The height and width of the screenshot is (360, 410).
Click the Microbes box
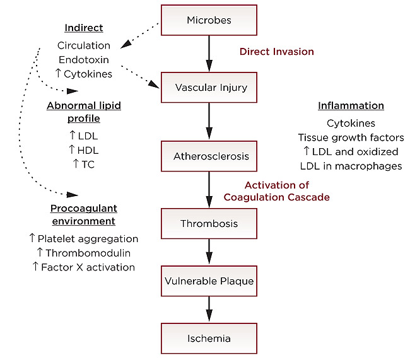(209, 20)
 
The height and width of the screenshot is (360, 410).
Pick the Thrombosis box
(209, 223)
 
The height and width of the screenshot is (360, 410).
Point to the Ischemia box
(209, 338)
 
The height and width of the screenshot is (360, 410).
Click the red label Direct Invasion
(276, 51)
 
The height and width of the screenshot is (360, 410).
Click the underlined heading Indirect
(84, 28)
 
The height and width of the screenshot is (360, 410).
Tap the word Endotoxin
(84, 60)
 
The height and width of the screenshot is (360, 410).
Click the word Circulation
(84, 45)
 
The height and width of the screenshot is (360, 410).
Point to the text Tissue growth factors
(351, 137)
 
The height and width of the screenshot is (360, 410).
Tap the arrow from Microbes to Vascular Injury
(209, 54)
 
